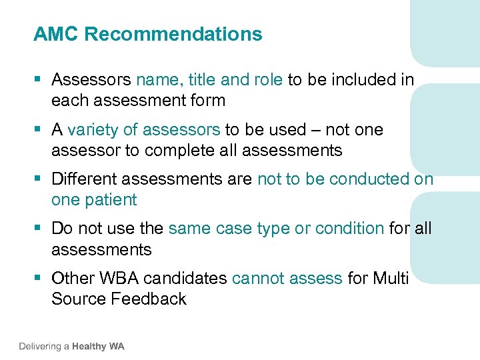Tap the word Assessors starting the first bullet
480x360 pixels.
tap(91, 80)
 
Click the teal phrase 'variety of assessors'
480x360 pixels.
tap(143, 129)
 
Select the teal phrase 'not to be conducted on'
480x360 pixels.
tap(345, 179)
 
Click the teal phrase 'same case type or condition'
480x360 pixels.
tap(276, 229)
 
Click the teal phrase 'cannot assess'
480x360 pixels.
tap(287, 278)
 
